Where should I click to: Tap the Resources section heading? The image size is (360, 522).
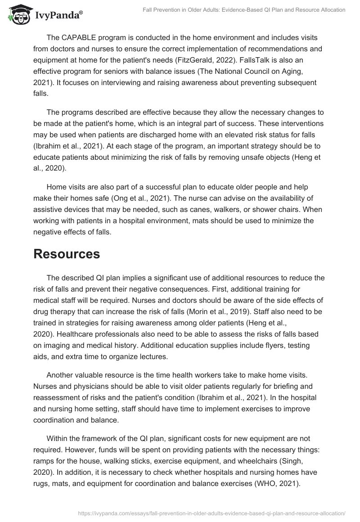[67, 254]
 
